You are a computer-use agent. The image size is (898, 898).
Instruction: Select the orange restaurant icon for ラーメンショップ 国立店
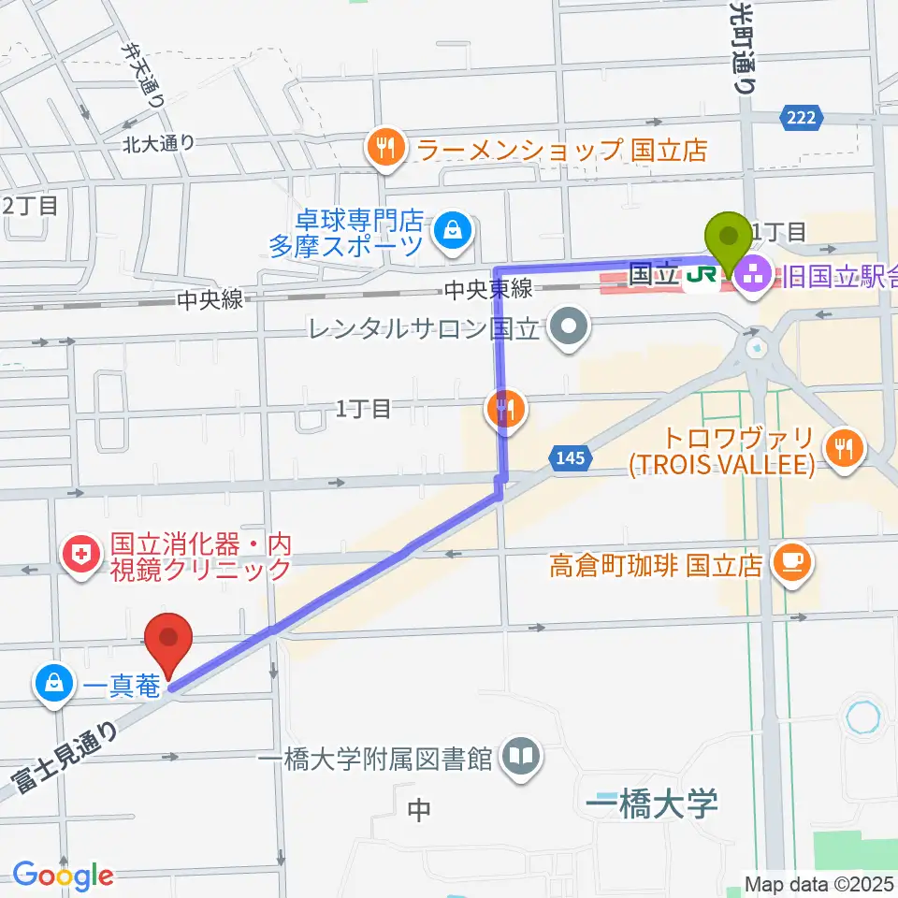[384, 147]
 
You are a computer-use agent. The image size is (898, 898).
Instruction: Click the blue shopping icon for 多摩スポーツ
[454, 228]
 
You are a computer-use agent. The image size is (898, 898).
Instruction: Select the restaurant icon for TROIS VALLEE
[843, 446]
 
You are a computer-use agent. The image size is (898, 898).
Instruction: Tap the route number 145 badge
[570, 458]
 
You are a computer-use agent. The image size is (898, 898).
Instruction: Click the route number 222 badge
[802, 116]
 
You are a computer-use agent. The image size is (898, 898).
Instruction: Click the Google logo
[63, 876]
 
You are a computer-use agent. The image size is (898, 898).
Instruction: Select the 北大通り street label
[158, 143]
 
